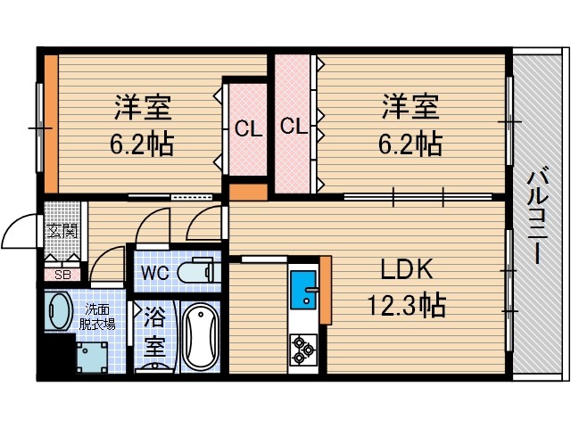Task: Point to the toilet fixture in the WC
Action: [x=195, y=270]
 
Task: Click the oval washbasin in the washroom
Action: [x=59, y=313]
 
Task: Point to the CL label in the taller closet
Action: [x=294, y=126]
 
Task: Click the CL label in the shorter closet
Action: [x=248, y=128]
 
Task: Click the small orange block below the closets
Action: [x=248, y=191]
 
